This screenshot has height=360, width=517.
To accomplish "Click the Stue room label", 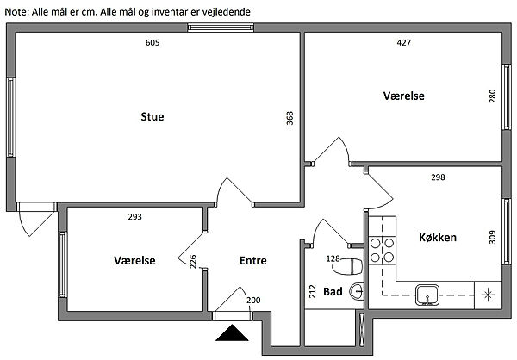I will coord(153,116).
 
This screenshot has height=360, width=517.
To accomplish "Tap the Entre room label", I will coord(253,260).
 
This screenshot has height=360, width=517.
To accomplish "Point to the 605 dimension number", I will coord(153,42).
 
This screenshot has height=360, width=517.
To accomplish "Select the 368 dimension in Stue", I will coord(290,118).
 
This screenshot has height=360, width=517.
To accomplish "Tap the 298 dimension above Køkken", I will coord(437,177).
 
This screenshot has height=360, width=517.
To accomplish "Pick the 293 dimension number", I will coord(134,217).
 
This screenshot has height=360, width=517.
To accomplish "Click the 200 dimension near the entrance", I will coord(253,300).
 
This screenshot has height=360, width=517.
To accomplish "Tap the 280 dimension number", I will coord(492,96).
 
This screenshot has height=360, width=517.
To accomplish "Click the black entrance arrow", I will coord(230,335).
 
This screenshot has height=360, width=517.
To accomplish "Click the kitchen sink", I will coord(427,294).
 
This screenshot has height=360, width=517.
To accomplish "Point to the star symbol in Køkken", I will coord(488,294).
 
